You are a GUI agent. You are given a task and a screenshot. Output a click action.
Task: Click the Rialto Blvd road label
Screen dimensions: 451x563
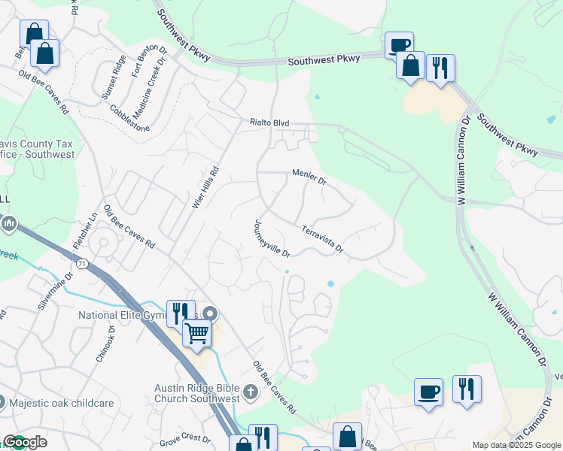(x=269, y=122)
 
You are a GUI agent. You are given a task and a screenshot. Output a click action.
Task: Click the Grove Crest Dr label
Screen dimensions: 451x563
(x=184, y=437)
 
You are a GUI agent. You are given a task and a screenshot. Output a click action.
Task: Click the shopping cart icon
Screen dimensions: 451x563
(x=196, y=332)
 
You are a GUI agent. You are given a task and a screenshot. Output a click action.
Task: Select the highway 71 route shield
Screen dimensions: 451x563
(x=81, y=263)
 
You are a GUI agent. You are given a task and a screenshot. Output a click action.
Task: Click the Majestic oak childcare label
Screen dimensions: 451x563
(x=62, y=403)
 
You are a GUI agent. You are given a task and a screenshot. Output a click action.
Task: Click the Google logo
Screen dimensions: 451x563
(x=24, y=442)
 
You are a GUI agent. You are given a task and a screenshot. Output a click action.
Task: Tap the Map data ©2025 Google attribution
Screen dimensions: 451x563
(x=516, y=445)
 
